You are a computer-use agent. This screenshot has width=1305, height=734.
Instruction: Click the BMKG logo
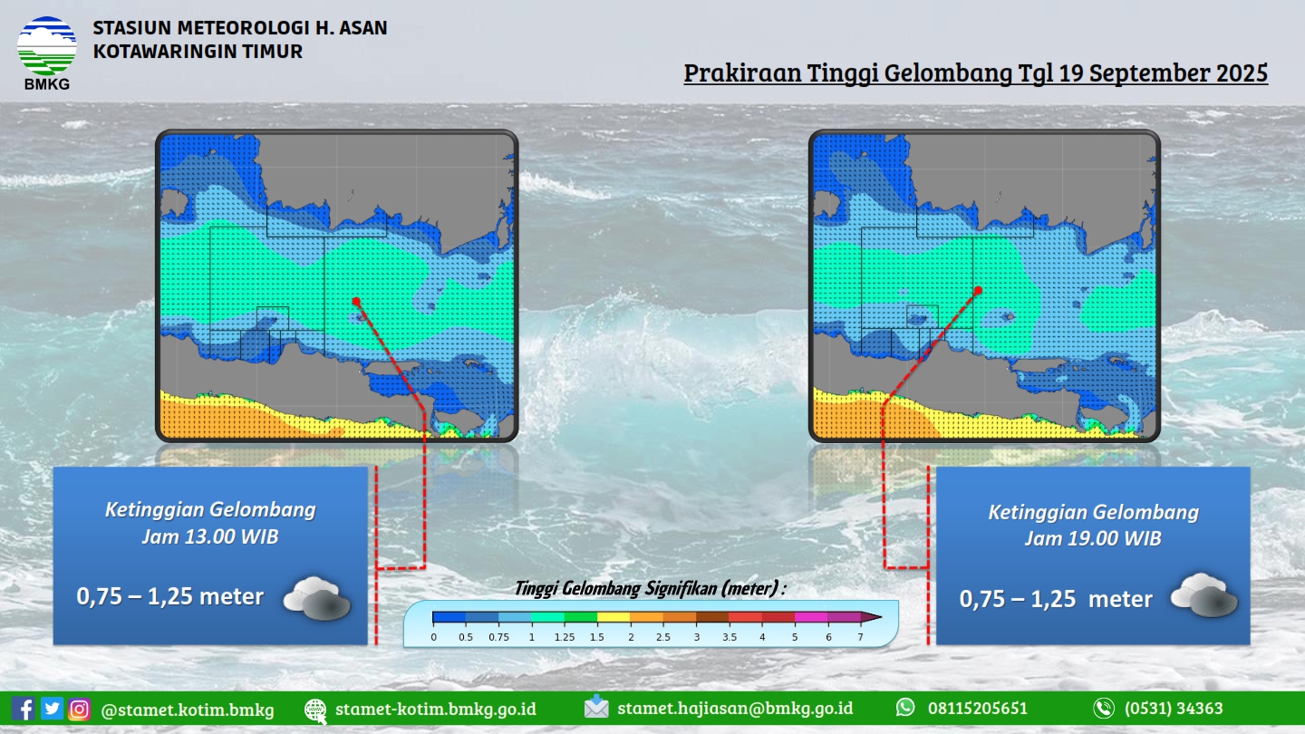point(46,53)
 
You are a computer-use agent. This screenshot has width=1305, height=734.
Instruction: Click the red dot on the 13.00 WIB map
point(356,301)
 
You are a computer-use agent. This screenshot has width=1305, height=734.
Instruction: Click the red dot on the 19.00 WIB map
point(978,290)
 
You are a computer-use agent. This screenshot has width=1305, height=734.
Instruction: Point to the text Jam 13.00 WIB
point(210,536)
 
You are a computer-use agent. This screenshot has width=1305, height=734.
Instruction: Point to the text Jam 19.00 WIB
point(1093,538)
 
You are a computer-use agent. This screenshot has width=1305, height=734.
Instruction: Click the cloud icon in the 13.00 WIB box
point(317,598)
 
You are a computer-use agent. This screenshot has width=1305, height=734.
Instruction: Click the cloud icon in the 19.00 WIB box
point(1204,594)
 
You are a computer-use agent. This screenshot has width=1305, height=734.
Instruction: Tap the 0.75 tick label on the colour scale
point(498,637)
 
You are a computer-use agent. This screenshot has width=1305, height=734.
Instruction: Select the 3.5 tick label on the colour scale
point(730,637)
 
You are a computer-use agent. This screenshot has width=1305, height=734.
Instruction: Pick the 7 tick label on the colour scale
point(860,637)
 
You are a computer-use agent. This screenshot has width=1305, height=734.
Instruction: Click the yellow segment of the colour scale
point(614,617)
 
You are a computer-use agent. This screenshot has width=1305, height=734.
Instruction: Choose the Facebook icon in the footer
point(24,709)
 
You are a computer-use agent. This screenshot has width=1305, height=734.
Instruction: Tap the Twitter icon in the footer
point(52,709)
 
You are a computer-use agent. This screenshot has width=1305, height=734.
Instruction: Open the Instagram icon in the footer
point(79,709)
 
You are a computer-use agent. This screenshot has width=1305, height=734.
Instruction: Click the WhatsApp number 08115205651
point(978,709)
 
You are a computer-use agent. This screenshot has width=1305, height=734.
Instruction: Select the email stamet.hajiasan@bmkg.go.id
point(735,709)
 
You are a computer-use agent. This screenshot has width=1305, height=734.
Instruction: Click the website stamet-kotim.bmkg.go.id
point(436,709)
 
